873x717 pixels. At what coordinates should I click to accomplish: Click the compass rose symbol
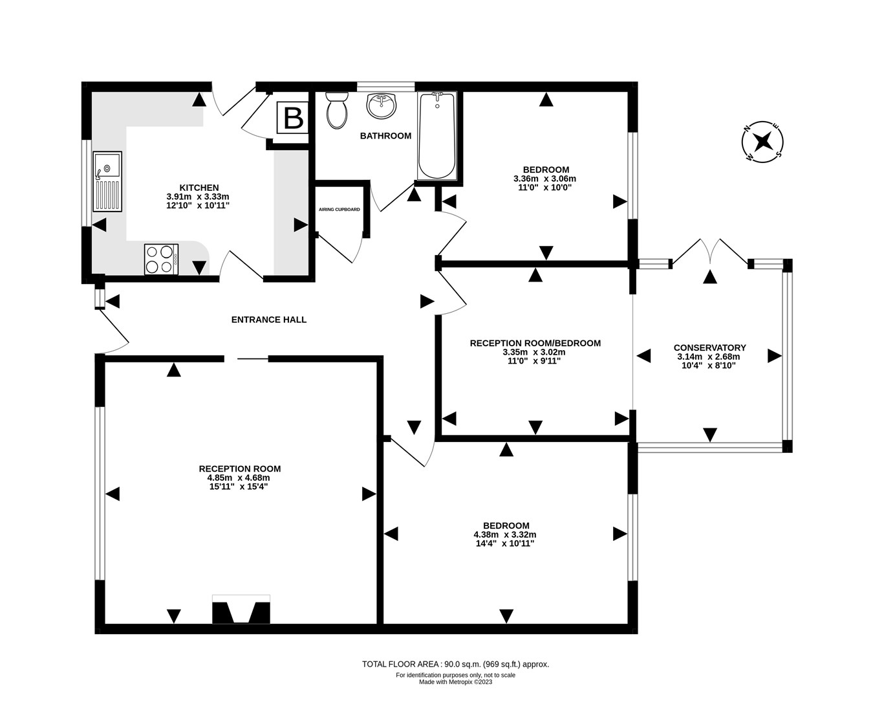(x=762, y=141)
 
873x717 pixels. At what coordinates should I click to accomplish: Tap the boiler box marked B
(x=293, y=118)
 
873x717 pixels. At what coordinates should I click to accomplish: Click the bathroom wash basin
(x=382, y=106)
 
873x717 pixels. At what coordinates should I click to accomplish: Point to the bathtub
(x=437, y=136)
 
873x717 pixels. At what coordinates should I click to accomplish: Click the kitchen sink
(x=107, y=181)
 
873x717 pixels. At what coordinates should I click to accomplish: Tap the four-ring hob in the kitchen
(x=161, y=259)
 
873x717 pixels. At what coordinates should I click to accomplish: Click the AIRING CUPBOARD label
(x=339, y=210)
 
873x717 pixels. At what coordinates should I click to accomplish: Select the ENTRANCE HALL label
(x=269, y=320)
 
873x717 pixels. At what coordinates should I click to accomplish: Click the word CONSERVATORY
(x=709, y=347)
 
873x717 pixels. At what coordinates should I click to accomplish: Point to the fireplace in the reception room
(x=241, y=610)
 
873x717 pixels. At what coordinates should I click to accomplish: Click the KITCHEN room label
(x=199, y=188)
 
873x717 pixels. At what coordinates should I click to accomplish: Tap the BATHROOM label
(x=385, y=136)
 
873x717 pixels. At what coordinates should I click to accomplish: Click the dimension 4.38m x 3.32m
(x=505, y=535)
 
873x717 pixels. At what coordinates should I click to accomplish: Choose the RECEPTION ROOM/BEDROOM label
(x=535, y=343)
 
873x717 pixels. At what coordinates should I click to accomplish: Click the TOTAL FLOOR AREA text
(x=455, y=664)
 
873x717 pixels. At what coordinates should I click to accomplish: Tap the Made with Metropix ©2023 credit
(x=455, y=681)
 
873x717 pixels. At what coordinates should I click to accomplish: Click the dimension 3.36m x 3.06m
(x=544, y=179)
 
